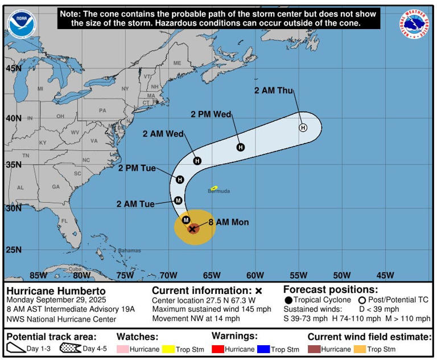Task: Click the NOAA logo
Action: point(20,24)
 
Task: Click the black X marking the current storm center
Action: point(193,228)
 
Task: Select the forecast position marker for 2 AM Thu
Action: point(303,128)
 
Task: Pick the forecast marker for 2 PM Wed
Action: point(241,148)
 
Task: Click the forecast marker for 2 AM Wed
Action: point(197,161)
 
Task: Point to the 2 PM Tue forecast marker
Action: point(180,179)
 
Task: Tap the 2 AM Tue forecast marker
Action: point(178,201)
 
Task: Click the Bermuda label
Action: point(218,191)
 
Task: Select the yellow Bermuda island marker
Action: point(214,187)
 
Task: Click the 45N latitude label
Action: point(13,68)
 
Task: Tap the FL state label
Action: point(65,221)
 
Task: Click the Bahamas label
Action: point(129,250)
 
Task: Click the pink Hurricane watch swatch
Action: point(122,349)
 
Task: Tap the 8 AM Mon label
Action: point(229,222)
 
